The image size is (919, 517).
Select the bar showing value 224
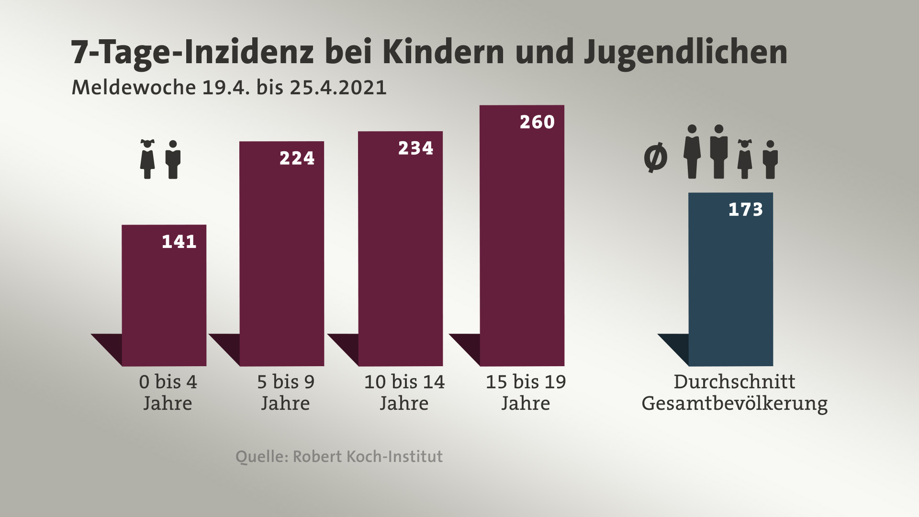[281, 258]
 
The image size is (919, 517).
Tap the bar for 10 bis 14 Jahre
[400, 254]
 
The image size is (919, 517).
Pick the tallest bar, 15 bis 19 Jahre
[522, 239]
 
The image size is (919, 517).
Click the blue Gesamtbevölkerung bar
[730, 282]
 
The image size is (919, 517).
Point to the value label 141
[179, 242]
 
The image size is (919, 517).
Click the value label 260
[537, 122]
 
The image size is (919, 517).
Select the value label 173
[745, 210]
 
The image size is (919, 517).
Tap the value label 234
[415, 148]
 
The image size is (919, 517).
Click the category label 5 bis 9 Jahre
[286, 393]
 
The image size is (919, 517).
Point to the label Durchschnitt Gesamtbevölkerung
[734, 393]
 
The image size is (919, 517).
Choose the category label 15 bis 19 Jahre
[526, 393]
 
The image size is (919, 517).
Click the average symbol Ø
[655, 157]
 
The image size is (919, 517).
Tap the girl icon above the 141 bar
[147, 159]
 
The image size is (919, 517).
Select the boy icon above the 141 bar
[173, 159]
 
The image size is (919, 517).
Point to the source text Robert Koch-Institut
[368, 456]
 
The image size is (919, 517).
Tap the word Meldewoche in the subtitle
[134, 88]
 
